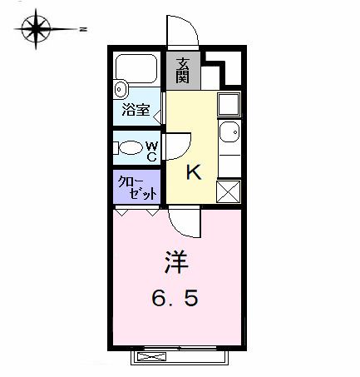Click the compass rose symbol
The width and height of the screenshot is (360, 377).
click(36, 29)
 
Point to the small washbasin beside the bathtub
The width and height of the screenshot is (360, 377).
click(120, 87)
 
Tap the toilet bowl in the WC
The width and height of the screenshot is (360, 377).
click(132, 148)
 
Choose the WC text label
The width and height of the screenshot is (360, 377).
click(152, 149)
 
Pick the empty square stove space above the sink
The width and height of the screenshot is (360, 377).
click(229, 104)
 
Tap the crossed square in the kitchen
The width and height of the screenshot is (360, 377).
click(229, 191)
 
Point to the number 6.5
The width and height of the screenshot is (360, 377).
click(175, 297)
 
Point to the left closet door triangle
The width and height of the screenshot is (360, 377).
click(122, 213)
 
